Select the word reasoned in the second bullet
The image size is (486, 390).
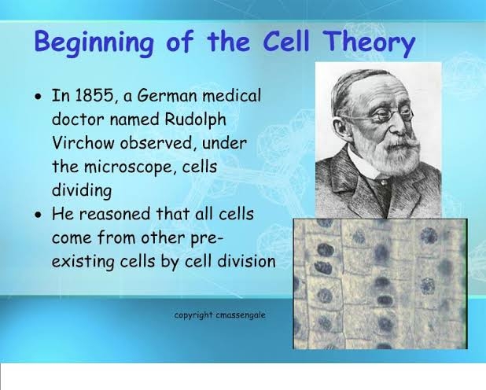(x=117, y=214)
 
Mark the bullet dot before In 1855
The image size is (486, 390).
(x=40, y=98)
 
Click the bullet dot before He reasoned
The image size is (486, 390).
(x=40, y=215)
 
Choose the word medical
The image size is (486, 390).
(x=232, y=97)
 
